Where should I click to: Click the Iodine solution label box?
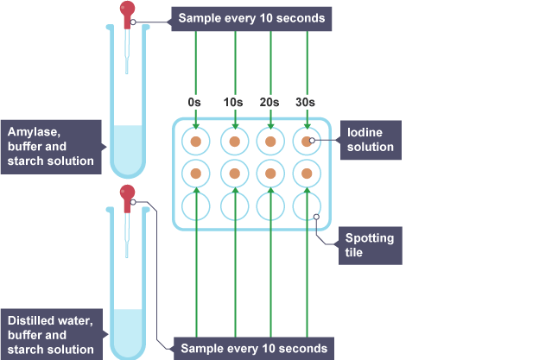(371, 140)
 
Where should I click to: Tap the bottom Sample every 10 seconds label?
(253, 349)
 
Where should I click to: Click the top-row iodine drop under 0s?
(196, 141)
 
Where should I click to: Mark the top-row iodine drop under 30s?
(307, 141)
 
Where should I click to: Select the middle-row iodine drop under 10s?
(233, 174)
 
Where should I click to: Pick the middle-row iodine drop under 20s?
(270, 174)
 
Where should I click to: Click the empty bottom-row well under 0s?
(196, 206)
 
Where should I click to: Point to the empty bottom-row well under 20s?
(270, 206)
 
